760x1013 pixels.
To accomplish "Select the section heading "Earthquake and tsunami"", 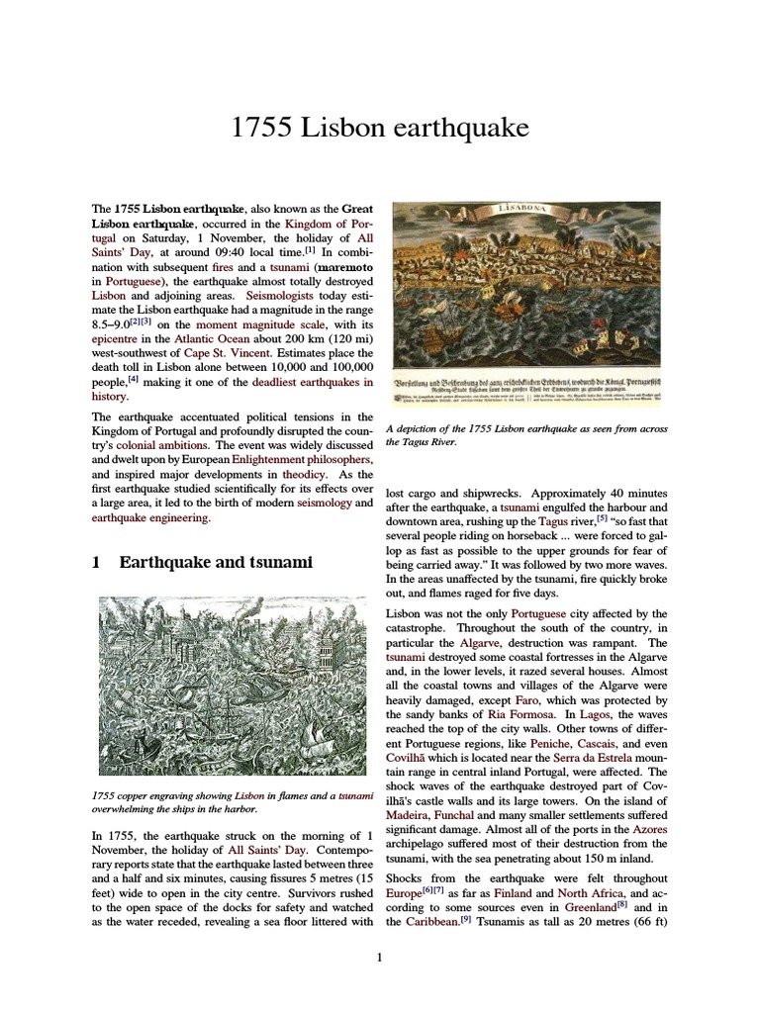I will pos(215,562).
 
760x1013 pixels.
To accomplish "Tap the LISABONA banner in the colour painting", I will pos(529,212).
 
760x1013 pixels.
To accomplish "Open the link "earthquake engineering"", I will pos(149,516).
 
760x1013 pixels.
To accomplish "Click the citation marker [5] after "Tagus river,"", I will pos(601,517).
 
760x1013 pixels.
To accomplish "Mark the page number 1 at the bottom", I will pos(380,957).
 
